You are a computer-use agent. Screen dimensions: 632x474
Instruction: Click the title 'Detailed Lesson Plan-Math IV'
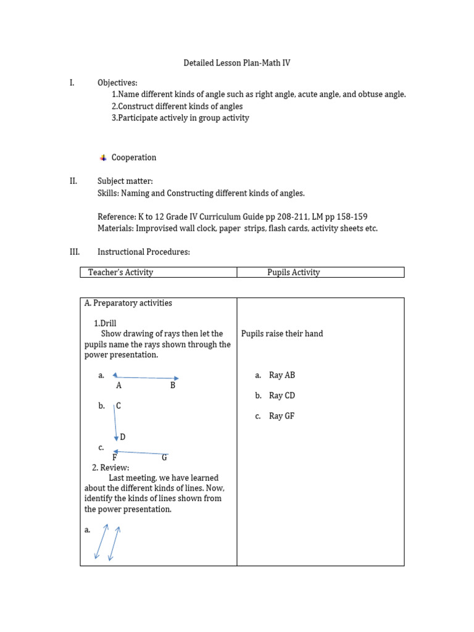tap(237, 63)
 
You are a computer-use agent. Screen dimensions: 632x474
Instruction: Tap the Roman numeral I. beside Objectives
tap(72, 83)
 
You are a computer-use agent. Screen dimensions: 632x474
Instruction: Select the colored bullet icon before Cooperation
tap(103, 158)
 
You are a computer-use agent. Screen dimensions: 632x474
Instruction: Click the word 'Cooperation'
tap(134, 157)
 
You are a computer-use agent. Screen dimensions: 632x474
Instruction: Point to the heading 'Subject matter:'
tap(125, 181)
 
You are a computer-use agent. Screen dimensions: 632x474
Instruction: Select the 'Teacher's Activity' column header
tap(120, 272)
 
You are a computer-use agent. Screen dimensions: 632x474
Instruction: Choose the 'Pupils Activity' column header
tap(293, 272)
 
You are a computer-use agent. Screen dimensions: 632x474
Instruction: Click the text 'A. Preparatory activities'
tap(128, 303)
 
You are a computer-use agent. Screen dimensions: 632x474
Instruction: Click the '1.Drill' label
tap(105, 323)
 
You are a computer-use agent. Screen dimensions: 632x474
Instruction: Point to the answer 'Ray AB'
tap(282, 375)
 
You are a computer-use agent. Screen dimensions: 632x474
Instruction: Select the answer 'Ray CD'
tap(282, 396)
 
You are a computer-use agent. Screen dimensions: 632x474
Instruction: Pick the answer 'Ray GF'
tap(282, 416)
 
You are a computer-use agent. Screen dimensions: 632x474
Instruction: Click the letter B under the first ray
tap(173, 386)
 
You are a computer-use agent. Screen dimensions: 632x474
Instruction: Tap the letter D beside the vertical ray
tap(123, 437)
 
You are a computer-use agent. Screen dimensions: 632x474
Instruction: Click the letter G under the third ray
tap(165, 457)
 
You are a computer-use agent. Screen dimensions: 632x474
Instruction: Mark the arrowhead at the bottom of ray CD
tap(116, 438)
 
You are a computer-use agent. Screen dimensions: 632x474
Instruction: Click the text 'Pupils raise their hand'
tap(282, 334)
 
